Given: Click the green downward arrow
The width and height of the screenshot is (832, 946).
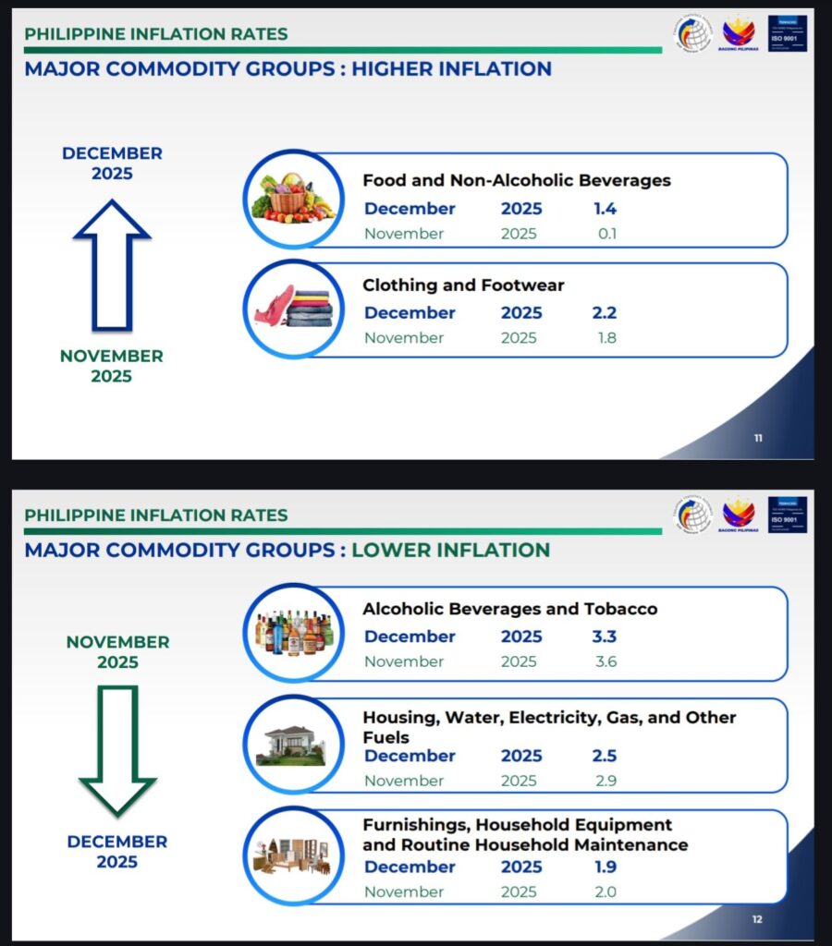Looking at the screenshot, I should pos(117,749).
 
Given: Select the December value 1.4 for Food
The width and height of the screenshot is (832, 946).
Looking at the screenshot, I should pos(605,209).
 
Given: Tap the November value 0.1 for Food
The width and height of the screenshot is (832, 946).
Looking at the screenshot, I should pos(606,234).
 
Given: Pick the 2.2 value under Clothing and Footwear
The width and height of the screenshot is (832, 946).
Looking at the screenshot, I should pos(605,313).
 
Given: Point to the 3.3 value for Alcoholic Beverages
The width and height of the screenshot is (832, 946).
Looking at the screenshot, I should pos(605,637).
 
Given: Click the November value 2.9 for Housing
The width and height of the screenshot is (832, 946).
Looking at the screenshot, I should pos(606,781).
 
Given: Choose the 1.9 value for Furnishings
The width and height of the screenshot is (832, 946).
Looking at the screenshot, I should pos(605,867).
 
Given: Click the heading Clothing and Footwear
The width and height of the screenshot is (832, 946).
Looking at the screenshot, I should pos(463,285).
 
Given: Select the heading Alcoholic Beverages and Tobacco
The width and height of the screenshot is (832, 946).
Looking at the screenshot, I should pos(509,609).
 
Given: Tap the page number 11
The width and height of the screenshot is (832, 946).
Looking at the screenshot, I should pos(758,438).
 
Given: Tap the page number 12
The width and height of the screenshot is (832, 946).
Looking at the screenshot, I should pos(757,919).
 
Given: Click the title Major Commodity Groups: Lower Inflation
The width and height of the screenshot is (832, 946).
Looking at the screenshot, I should pos(287,551).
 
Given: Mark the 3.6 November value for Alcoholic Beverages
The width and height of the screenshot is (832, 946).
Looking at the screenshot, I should pos(606,661).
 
